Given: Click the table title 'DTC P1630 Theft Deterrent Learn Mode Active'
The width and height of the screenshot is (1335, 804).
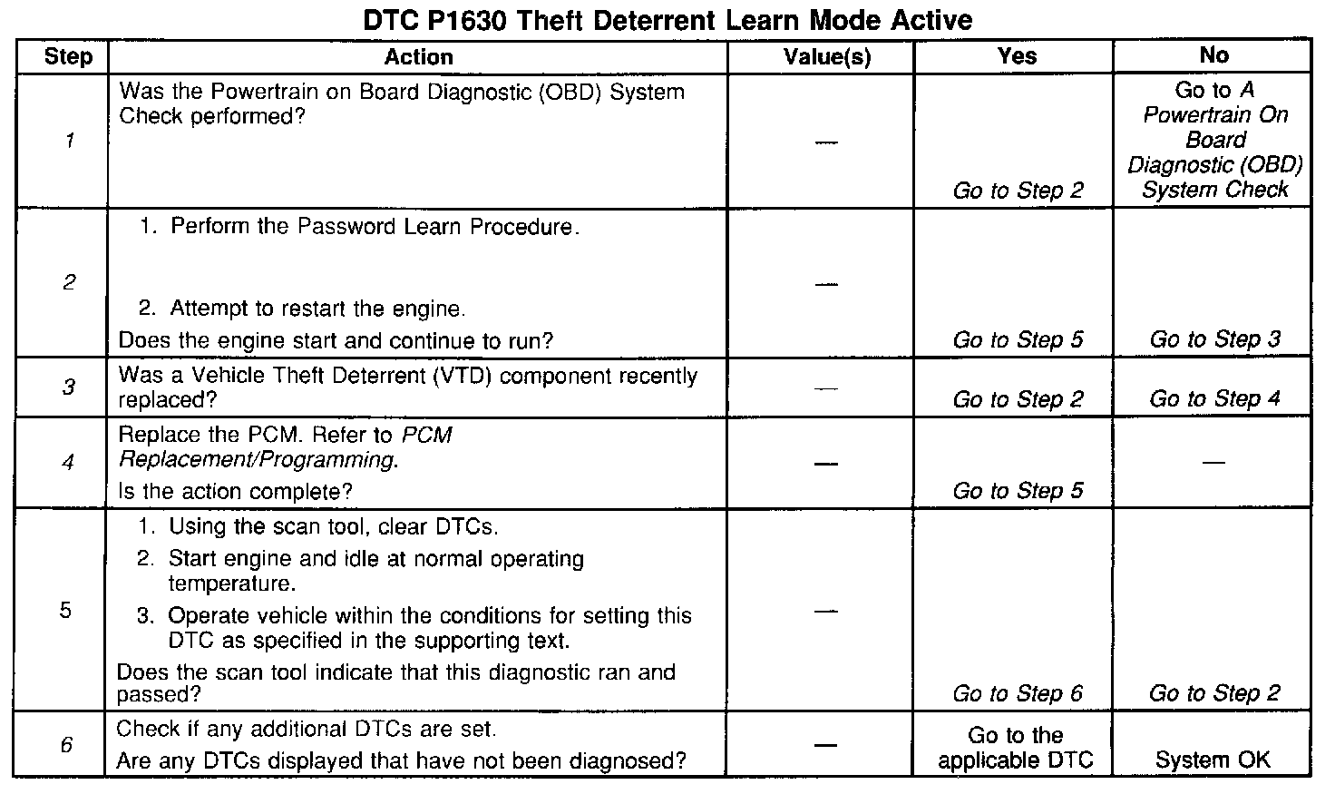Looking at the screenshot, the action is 667,20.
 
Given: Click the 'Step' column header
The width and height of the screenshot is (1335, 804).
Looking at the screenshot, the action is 68,57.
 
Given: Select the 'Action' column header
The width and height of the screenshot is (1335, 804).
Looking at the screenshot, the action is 418,57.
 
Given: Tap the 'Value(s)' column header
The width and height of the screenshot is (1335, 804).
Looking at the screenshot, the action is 826,57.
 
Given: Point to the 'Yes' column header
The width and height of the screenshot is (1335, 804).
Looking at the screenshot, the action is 1017,56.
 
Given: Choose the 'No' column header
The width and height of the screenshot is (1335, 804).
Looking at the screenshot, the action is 1213,55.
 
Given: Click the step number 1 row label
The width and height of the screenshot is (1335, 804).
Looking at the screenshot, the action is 69,141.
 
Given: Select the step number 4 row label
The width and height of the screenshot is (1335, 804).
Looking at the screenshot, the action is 68,463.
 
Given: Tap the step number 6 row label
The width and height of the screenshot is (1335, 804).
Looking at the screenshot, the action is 66,745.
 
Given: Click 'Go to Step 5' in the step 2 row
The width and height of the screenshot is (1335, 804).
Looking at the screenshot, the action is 1018,340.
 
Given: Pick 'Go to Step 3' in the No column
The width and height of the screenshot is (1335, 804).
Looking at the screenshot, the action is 1214,339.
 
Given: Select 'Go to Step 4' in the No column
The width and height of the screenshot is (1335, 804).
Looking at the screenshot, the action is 1214,398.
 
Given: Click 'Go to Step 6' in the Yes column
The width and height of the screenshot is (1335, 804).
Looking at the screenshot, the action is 1017,694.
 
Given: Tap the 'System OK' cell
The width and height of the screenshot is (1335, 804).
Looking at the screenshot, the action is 1213,760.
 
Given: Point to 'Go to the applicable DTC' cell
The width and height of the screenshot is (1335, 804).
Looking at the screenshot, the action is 1015,748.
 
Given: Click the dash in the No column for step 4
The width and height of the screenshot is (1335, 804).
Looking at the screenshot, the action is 1213,463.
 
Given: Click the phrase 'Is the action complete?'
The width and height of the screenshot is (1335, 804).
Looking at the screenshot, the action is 236,492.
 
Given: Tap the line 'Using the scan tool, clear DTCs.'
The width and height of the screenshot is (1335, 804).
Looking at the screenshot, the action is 333,527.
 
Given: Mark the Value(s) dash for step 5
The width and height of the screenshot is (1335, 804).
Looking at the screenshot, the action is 825,611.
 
